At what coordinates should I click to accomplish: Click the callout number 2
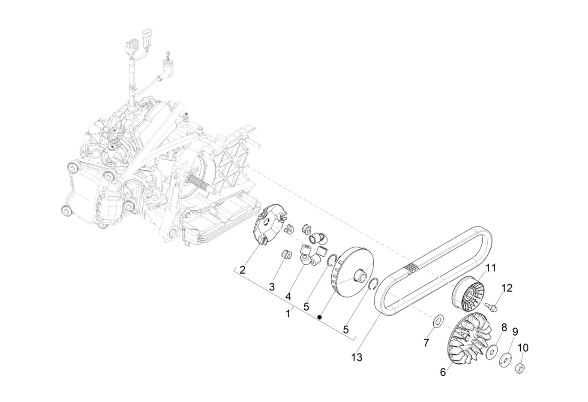243,270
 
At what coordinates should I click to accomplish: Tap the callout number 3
272,287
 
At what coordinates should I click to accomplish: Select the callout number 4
288,296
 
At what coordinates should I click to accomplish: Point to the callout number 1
288,314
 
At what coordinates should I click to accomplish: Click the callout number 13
357,357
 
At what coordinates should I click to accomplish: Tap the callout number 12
507,288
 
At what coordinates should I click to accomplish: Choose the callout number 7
426,343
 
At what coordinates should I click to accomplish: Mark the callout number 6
443,372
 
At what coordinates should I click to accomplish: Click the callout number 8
504,328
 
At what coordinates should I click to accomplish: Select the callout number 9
515,332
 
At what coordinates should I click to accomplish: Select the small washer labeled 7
438,321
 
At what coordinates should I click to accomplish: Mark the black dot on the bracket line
320,317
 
